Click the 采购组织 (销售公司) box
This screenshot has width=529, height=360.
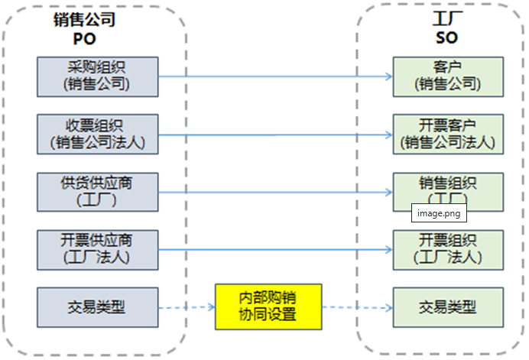point(97,76)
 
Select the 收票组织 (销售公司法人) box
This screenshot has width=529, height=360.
point(97,134)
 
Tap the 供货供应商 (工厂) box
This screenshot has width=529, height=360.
point(97,192)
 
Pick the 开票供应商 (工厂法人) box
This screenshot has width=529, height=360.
point(97,249)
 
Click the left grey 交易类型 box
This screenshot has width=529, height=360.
point(97,307)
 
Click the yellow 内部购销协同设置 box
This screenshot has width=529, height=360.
point(268,307)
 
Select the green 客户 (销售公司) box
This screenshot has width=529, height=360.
point(448,76)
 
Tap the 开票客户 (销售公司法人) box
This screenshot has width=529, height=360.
point(448,134)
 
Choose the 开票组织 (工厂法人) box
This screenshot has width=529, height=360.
point(448,249)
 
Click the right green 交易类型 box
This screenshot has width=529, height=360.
point(448,307)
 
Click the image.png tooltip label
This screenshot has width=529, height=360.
point(439,213)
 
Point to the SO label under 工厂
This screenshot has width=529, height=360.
point(446,37)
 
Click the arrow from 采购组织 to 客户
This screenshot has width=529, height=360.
point(275,76)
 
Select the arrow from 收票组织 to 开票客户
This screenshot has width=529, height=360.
point(275,135)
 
